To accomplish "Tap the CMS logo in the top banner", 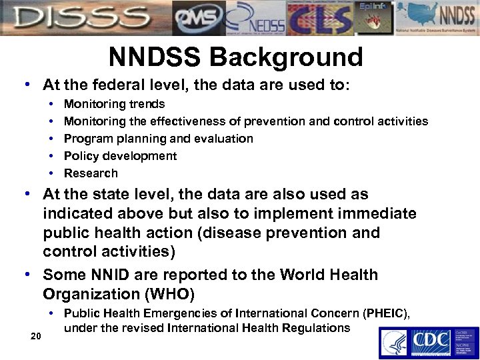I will (198, 18).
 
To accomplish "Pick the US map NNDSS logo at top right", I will (434, 18).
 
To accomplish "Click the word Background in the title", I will (287, 57).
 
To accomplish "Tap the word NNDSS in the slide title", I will (155, 57).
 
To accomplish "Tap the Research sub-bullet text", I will (91, 173).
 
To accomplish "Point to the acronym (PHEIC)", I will (383, 313).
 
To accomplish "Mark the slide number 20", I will (37, 335).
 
